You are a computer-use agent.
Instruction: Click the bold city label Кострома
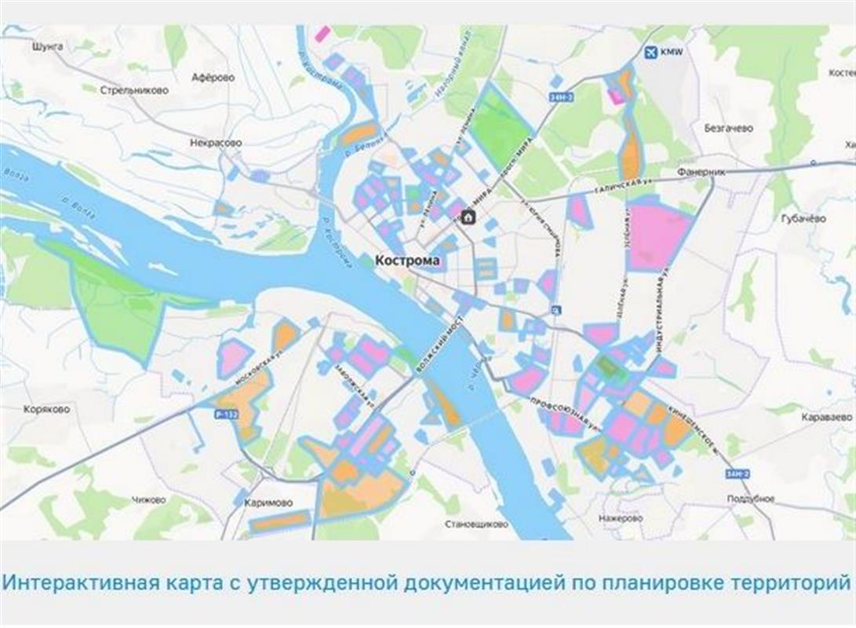pos(407,260)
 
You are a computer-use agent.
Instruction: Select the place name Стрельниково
pos(134,90)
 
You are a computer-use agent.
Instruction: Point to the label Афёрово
pos(213,78)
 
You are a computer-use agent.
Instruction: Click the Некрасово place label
pos(216,143)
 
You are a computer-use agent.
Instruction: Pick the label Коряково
pos(46,409)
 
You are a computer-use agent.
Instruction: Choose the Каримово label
pos(268,502)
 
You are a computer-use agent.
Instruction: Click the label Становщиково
pos(476,523)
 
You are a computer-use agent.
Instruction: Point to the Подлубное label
pos(750,498)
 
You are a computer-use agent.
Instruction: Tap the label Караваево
pos(826,418)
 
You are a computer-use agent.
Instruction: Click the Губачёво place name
pos(803,218)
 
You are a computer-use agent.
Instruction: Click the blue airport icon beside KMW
pos(650,53)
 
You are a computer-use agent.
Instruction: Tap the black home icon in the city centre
pos(468,217)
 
